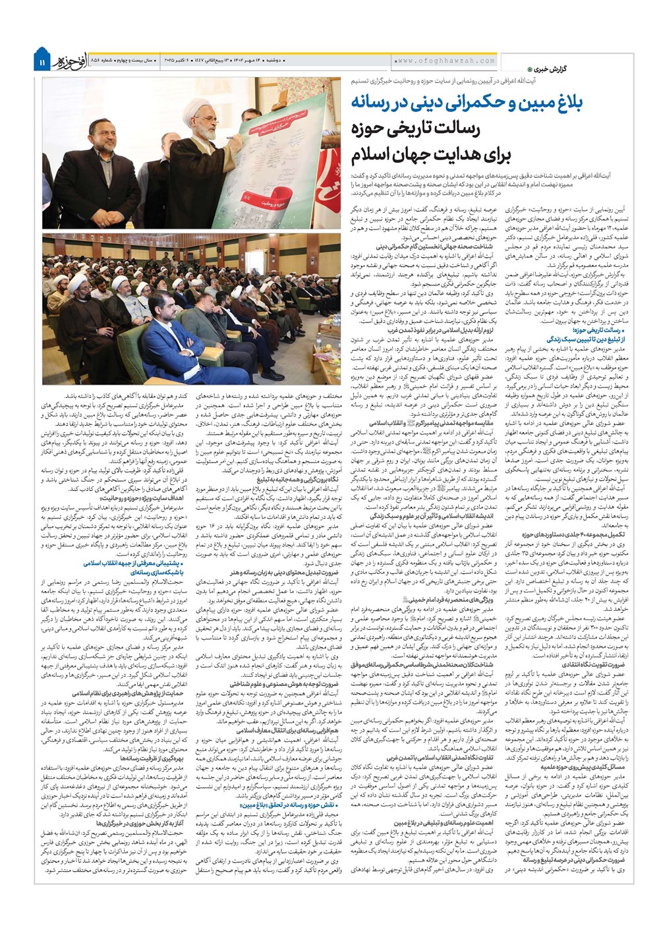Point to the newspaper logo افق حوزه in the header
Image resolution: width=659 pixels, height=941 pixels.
click(x=73, y=60)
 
